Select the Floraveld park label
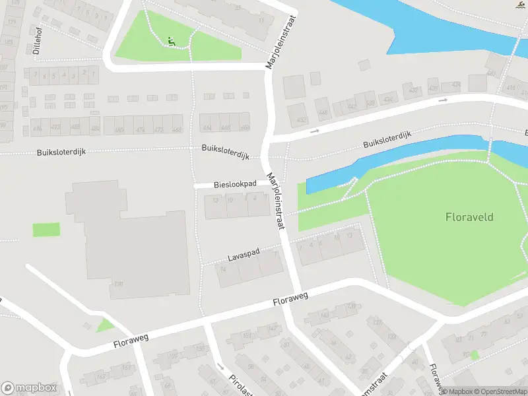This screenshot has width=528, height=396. pyautogui.click(x=469, y=216)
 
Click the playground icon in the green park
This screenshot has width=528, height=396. pyautogui.click(x=172, y=42)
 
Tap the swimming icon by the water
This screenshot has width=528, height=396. pyautogui.click(x=522, y=5)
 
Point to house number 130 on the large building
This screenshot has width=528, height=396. pyautogui.click(x=119, y=284)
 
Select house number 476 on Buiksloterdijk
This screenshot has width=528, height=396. pyautogui.click(x=139, y=129)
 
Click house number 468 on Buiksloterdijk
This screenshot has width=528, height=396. pyautogui.click(x=176, y=129)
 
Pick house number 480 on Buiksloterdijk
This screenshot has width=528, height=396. pyautogui.click(x=119, y=129)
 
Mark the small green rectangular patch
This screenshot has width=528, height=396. pyautogui.click(x=46, y=230)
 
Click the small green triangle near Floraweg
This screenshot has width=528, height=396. pyautogui.click(x=104, y=326)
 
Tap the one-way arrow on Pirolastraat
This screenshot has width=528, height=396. pyautogui.click(x=220, y=367)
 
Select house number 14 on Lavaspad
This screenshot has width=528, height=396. pyautogui.click(x=224, y=269)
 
